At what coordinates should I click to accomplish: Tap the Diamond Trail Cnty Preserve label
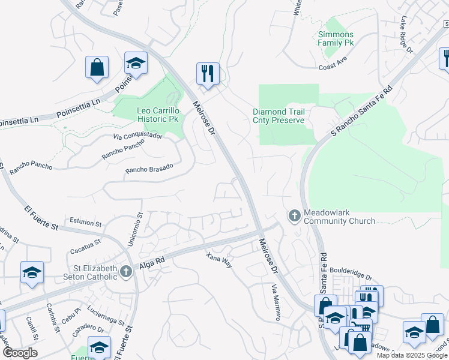[279, 116]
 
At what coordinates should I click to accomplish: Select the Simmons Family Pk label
[336, 39]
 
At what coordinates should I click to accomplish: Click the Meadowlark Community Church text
[339, 217]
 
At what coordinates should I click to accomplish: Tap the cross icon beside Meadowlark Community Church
[294, 215]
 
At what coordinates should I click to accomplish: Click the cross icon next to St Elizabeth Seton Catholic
[126, 272]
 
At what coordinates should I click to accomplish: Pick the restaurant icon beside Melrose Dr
[208, 73]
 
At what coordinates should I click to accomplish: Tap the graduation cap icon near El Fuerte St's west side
[32, 272]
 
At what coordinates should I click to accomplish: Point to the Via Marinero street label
[275, 302]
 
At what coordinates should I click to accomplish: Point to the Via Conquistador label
[137, 136]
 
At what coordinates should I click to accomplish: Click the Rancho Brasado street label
[149, 169]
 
